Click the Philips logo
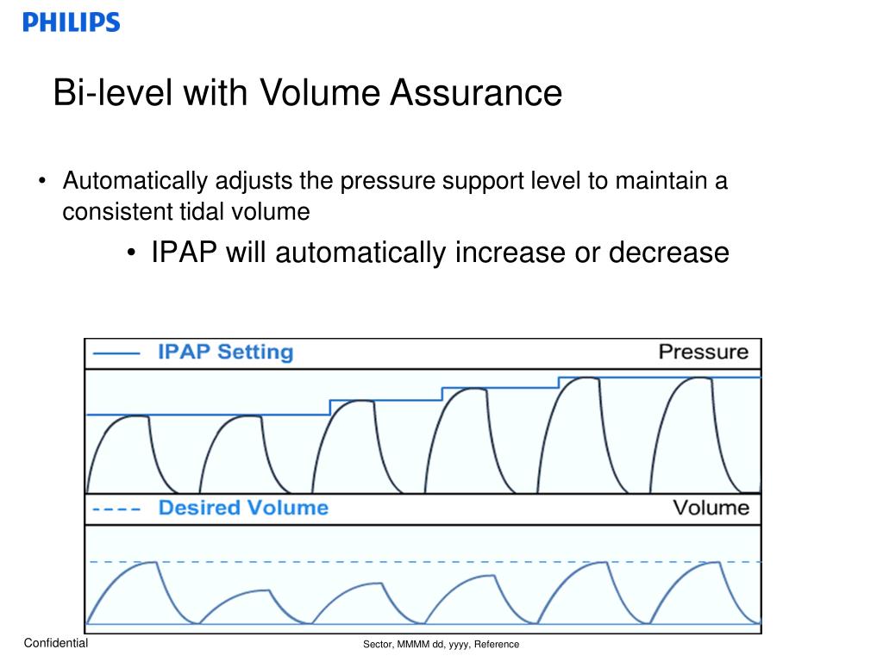(72, 22)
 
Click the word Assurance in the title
(476, 93)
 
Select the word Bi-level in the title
(111, 93)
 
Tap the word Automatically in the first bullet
(135, 181)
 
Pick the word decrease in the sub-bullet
(669, 253)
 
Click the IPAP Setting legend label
(225, 352)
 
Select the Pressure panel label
(703, 352)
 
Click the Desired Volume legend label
(243, 508)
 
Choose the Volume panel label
(711, 507)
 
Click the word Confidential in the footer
(56, 643)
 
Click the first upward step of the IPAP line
(330, 407)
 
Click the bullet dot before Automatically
(42, 182)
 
